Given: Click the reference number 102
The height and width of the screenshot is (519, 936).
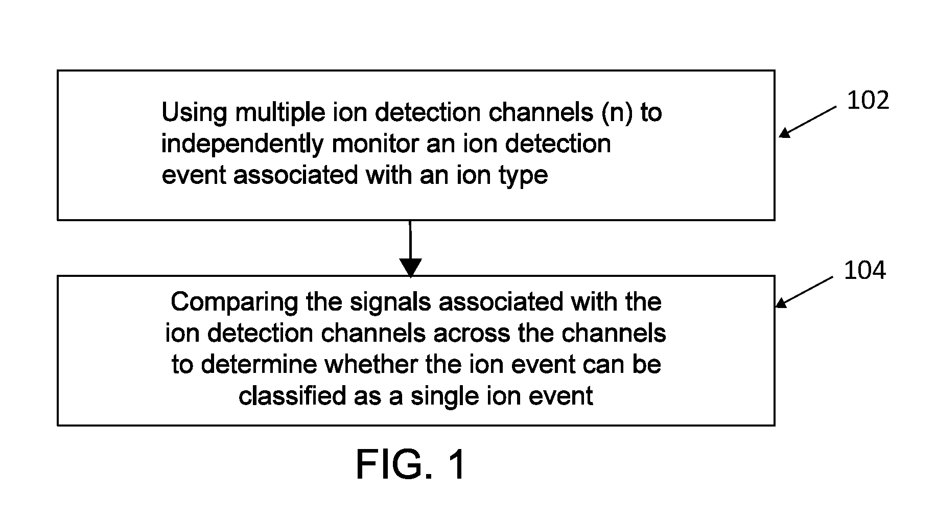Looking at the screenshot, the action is (x=868, y=101).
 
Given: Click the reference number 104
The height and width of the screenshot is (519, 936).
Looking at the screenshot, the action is (x=864, y=270).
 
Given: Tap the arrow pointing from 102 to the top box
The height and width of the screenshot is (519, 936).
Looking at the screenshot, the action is (x=808, y=122).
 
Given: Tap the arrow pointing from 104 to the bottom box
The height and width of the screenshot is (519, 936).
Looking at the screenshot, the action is (x=804, y=292).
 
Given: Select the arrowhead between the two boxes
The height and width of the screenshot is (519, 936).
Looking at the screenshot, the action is (x=410, y=268).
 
